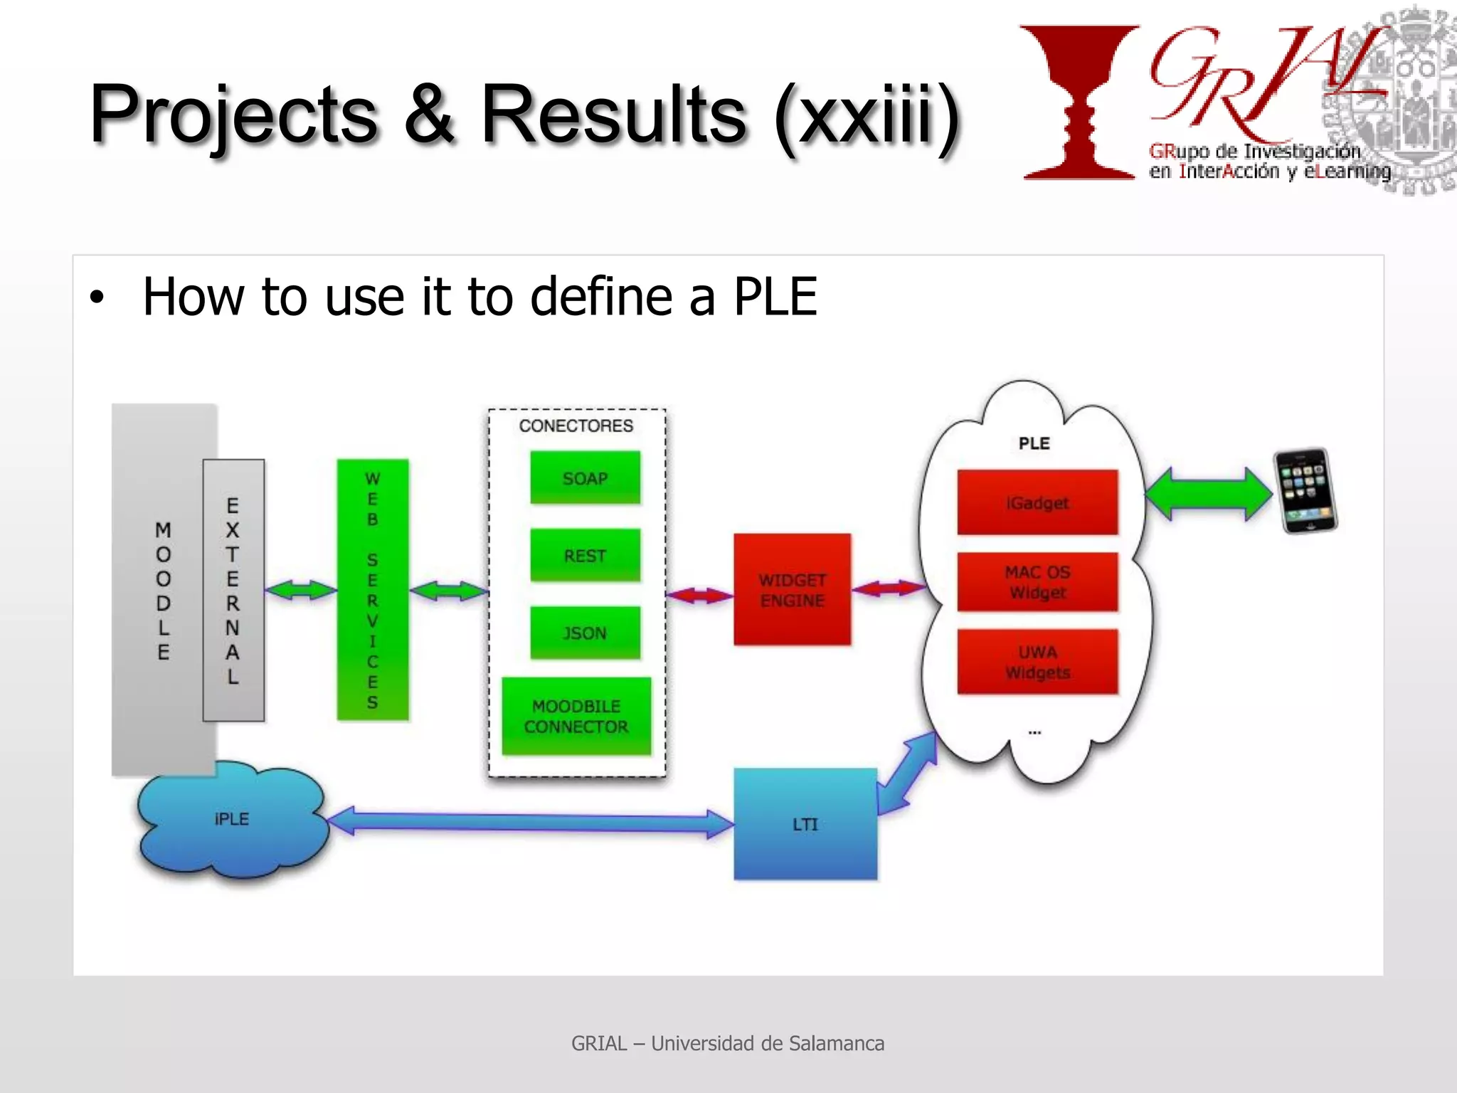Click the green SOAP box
coord(585,478)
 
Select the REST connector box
coord(585,555)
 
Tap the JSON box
coord(585,633)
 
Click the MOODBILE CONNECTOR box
coord(576,716)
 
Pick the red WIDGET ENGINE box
coord(792,590)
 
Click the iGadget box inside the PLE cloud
coord(1037,502)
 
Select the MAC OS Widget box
coord(1037,581)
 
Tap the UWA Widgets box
coord(1037,662)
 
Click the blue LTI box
coord(805,824)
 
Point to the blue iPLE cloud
coord(232,820)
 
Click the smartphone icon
coord(1305,491)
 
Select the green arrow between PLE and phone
coord(1209,493)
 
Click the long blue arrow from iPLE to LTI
coord(530,822)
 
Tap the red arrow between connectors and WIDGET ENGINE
coord(700,595)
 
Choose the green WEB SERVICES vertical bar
coord(373,590)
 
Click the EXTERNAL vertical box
coord(233,590)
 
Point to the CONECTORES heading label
coord(576,426)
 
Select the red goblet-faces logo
coord(1079,102)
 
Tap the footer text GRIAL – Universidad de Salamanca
coord(728,1043)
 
